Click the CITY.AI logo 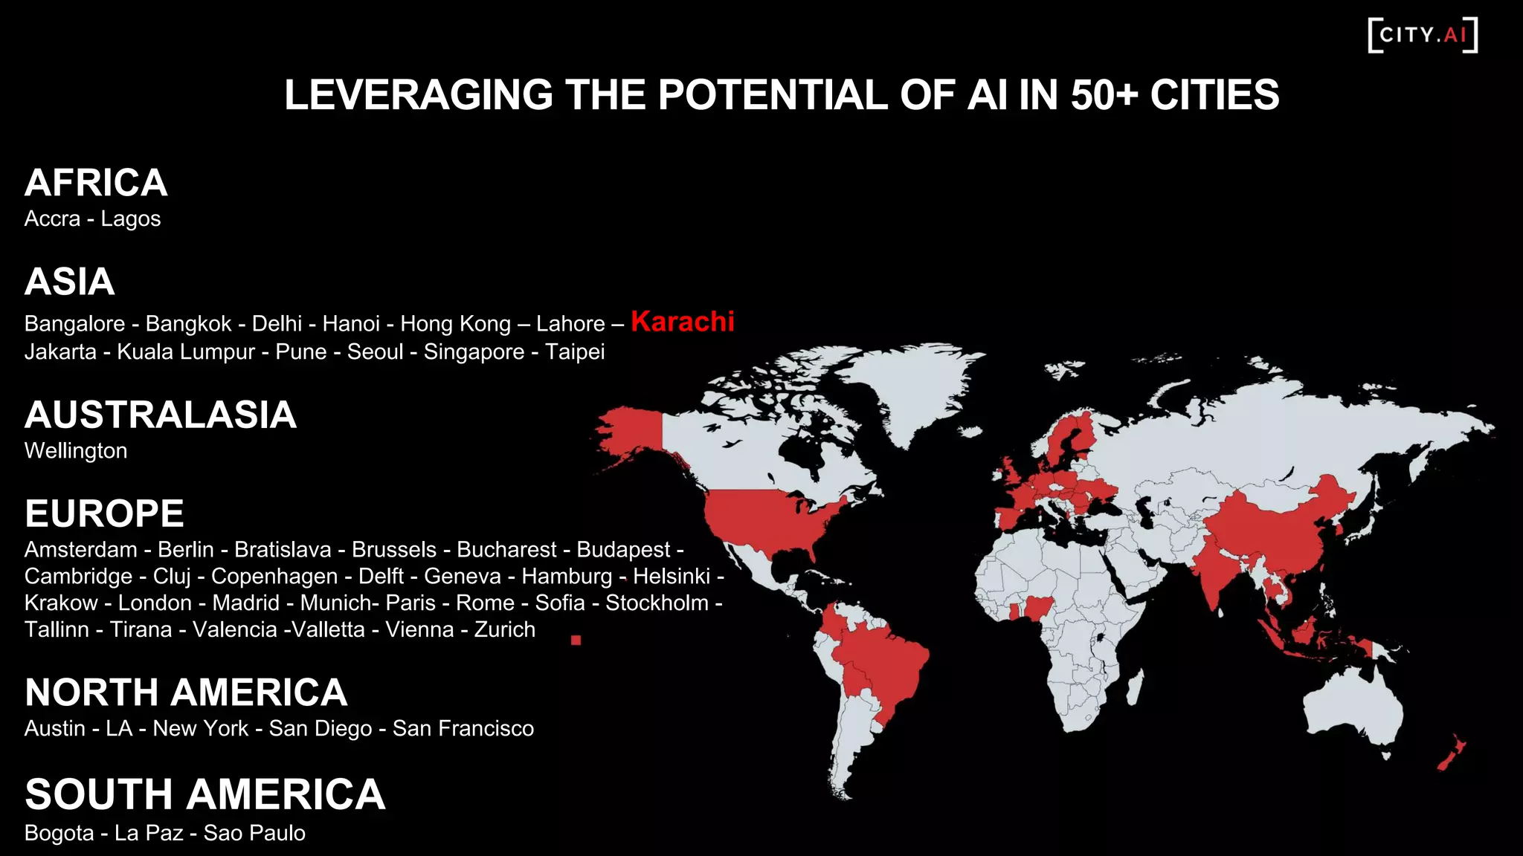pos(1423,35)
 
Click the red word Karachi pos(683,322)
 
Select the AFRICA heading pos(96,183)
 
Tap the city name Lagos pos(131,219)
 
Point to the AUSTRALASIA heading pos(161,415)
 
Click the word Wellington pos(76,451)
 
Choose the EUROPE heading pos(104,513)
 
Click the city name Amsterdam pos(81,550)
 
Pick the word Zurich pos(505,630)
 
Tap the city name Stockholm pos(657,603)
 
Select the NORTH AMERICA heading pos(186,693)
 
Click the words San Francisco pos(463,729)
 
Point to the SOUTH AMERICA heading pos(205,794)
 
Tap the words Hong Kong pos(456,324)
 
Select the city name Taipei pos(575,352)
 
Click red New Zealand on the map pos(1450,756)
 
